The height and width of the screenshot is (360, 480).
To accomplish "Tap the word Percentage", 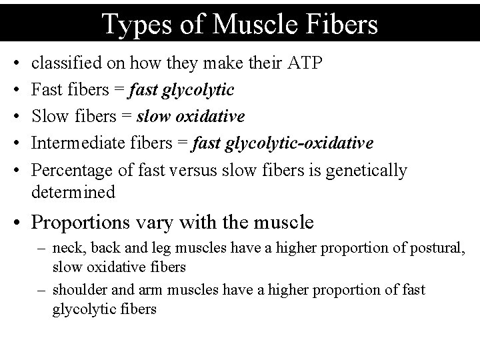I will (x=69, y=170).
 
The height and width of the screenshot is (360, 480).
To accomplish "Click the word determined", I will (x=73, y=192).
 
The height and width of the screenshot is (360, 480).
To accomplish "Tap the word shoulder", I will (x=77, y=290).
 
